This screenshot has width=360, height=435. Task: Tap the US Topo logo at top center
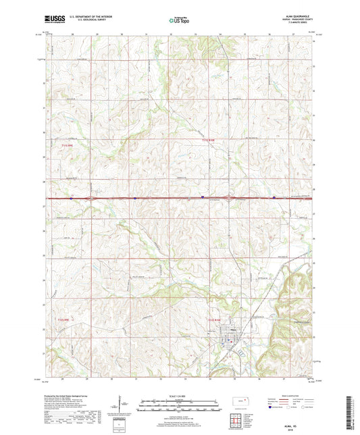178,22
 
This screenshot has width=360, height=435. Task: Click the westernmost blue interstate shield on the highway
71,198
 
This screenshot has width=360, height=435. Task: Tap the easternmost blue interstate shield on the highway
274,198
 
